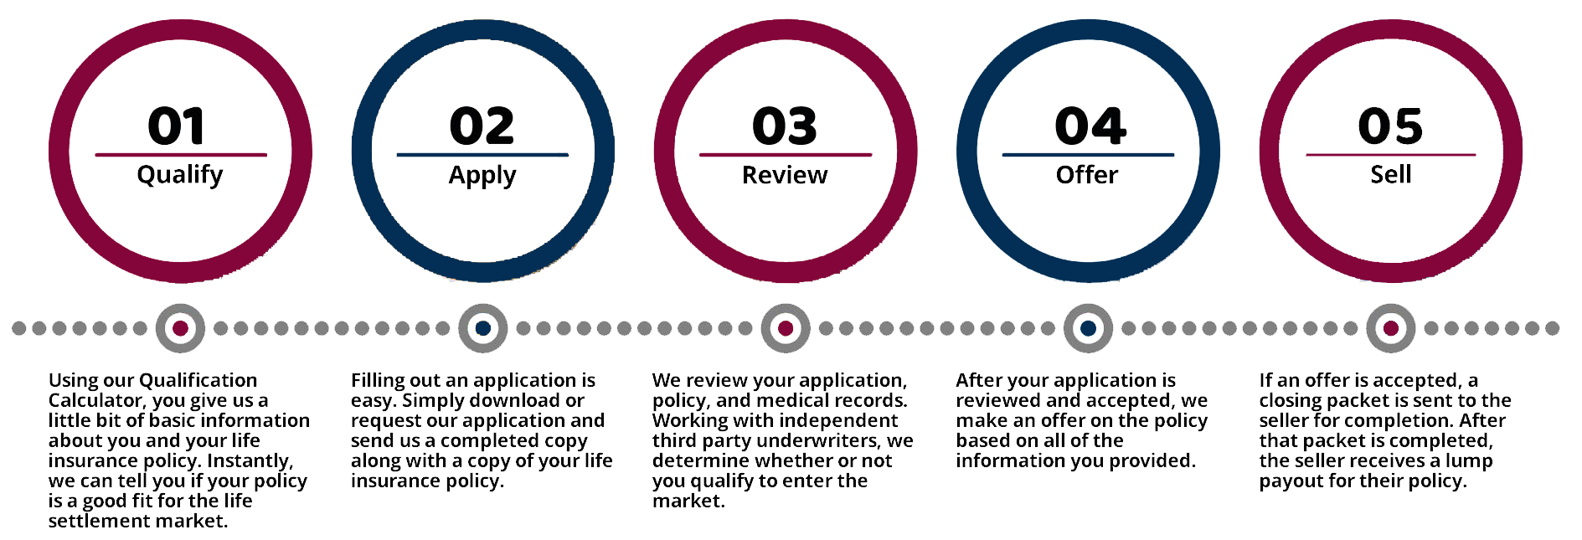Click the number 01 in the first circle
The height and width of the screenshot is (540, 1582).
coord(176,126)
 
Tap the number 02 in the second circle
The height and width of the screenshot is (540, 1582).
coord(482,126)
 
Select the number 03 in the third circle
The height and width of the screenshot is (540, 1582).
coord(784,126)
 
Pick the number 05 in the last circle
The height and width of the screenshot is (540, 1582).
coord(1390,126)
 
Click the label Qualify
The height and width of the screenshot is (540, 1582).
coord(180,175)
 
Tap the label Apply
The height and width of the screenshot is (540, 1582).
coord(482,176)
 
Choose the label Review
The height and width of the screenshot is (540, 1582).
coord(785,175)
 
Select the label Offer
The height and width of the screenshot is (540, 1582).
coord(1087,175)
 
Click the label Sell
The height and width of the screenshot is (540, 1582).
coord(1391,175)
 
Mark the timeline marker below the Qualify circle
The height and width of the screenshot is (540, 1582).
coord(180,328)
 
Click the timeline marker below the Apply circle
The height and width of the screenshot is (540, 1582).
coord(483,328)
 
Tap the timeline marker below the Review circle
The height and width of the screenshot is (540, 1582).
coord(786,328)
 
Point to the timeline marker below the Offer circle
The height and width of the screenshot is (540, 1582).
coord(1088,328)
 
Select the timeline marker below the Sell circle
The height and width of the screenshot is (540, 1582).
coord(1391,328)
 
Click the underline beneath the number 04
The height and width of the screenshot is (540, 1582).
coord(1088,155)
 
